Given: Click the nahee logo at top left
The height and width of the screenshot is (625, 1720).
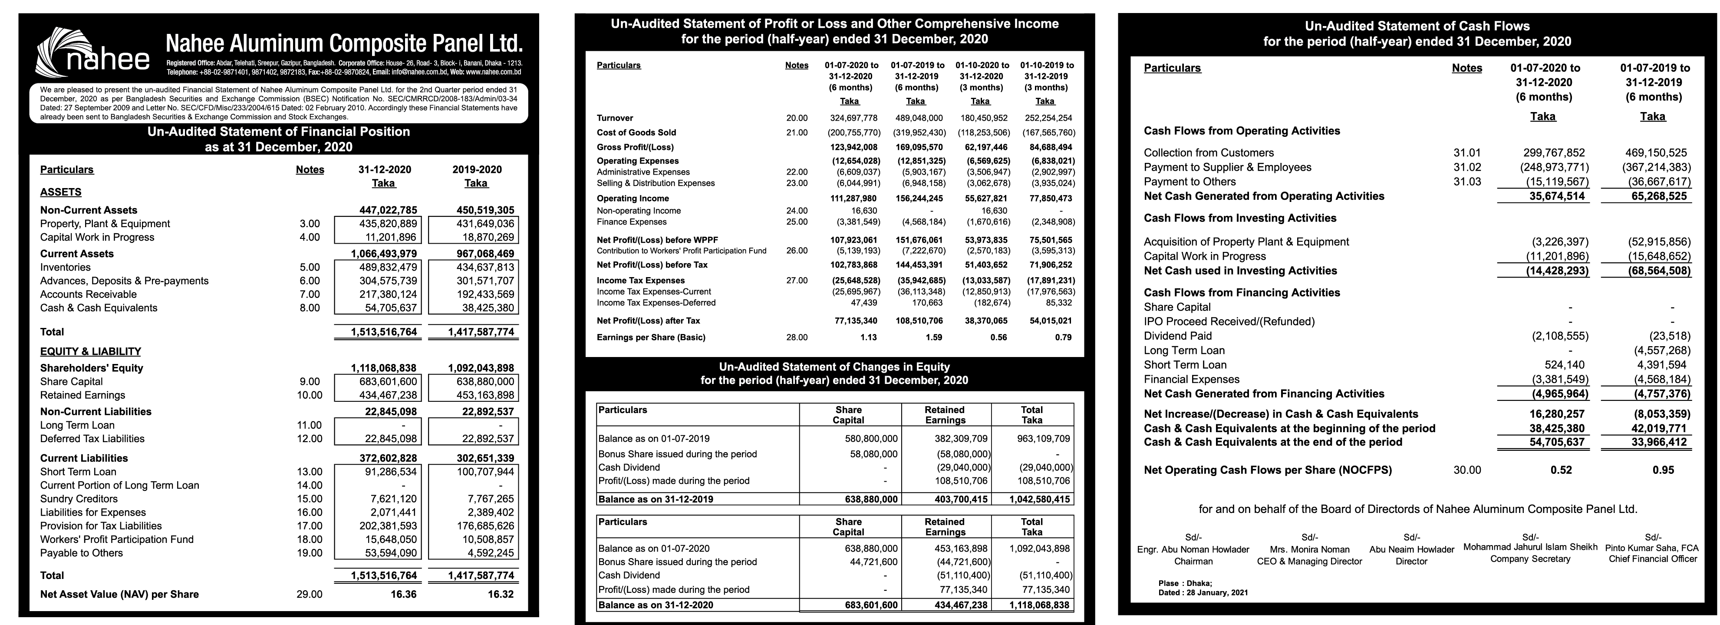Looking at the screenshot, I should tap(93, 52).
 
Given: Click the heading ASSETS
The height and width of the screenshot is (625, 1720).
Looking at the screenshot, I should tap(61, 192).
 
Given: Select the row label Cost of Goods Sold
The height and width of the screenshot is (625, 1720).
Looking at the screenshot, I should tap(636, 132).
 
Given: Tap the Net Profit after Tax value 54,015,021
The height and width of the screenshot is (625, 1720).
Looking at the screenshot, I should tap(1051, 321).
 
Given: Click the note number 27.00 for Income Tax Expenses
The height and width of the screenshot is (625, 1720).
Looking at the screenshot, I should tap(797, 281).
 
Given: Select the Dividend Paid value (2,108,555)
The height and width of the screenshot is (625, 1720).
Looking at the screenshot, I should tap(1560, 336).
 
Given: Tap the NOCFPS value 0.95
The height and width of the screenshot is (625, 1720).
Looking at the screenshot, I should tap(1663, 470).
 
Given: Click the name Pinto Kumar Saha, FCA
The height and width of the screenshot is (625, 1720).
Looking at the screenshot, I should tap(1653, 548).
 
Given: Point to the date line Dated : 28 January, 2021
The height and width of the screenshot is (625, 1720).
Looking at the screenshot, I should tap(1203, 592).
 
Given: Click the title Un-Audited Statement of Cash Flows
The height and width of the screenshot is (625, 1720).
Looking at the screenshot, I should tap(1417, 26).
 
